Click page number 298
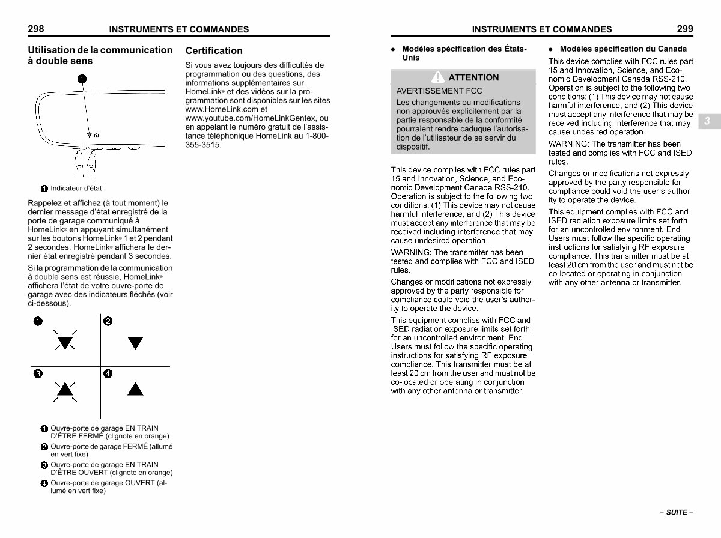[35, 29]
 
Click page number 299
[685, 29]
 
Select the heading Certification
[214, 51]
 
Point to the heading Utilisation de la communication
[100, 50]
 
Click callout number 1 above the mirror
[82, 79]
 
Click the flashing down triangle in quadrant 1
[65, 342]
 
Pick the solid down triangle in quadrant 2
[136, 343]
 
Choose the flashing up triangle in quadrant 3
[65, 390]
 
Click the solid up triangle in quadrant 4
[136, 390]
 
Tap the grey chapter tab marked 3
[708, 121]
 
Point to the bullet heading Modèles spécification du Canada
[622, 49]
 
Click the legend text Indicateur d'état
[76, 189]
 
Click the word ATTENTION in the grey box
[473, 77]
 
